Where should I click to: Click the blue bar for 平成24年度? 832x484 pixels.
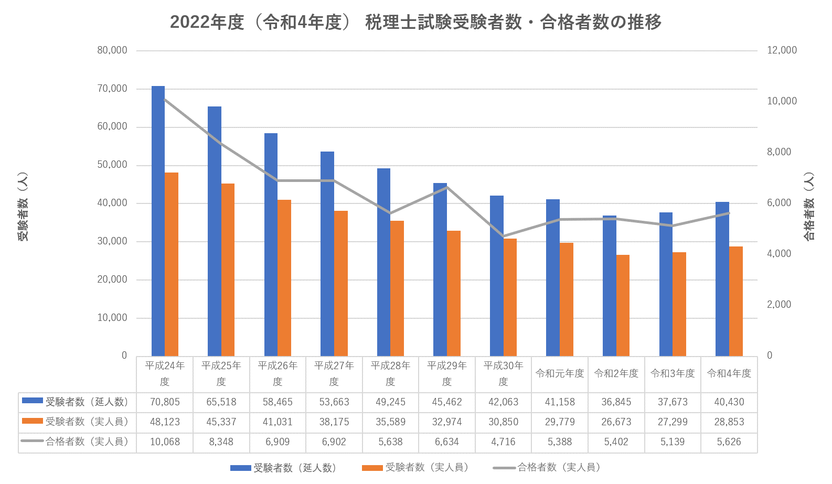(158, 220)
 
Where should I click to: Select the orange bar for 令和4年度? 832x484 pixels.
(736, 301)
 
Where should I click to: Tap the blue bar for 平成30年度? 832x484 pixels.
(496, 276)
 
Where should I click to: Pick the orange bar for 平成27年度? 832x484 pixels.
(341, 283)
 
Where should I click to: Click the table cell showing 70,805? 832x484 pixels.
(165, 402)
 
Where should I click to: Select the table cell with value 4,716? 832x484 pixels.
(503, 442)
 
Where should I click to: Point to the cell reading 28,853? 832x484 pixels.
(729, 422)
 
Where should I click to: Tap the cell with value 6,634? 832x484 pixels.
(446, 442)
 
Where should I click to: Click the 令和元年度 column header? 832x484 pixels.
(560, 373)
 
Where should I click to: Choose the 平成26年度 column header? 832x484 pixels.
(278, 373)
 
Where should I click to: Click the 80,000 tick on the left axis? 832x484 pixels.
(112, 50)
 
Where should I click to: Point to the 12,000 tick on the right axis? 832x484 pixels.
(782, 50)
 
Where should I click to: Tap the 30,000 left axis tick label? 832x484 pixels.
(112, 241)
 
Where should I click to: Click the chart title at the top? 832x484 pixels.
(415, 22)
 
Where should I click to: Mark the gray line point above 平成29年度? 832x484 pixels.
(446, 187)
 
